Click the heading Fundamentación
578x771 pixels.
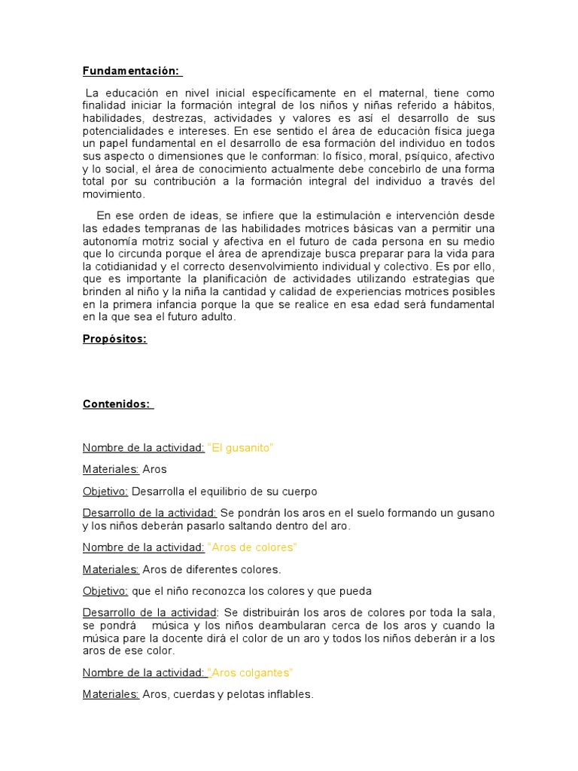tap(131, 72)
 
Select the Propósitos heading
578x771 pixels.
tap(114, 339)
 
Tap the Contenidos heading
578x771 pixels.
tap(117, 404)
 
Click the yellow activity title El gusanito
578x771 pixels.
tap(240, 448)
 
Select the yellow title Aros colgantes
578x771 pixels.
tap(251, 672)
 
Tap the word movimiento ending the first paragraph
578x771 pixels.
tap(113, 194)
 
